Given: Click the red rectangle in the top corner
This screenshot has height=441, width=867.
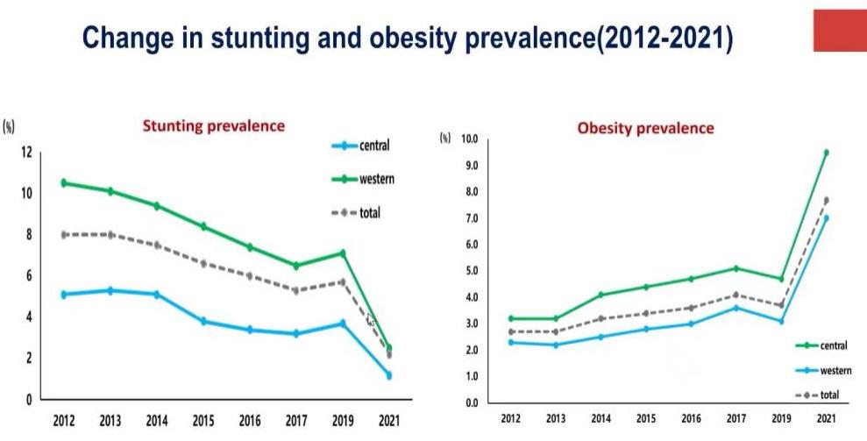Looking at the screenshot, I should (840, 32).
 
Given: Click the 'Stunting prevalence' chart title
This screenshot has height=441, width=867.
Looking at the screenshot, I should (214, 125).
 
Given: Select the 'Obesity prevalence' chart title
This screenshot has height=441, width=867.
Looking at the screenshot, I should (645, 128).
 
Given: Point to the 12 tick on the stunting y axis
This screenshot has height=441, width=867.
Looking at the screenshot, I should (26, 153).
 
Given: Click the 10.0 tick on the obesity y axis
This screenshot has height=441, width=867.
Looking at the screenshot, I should (469, 139).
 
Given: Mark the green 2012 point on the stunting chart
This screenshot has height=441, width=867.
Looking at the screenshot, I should (64, 182).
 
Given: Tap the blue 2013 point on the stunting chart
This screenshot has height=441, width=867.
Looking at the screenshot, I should (110, 290).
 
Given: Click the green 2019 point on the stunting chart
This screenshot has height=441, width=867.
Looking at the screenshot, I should (344, 253).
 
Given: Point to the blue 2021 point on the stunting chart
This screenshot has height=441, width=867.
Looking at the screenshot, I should (388, 375).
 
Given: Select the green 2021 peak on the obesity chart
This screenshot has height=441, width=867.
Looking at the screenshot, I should (825, 153).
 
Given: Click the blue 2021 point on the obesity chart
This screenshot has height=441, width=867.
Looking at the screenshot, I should (825, 218).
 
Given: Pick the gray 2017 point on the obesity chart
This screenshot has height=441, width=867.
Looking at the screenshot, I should (736, 295).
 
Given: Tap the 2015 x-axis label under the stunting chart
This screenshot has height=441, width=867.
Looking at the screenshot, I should (203, 420).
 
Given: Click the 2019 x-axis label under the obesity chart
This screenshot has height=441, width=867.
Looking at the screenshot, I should (780, 420).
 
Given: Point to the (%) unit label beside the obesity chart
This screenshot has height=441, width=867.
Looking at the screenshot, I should (446, 139).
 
